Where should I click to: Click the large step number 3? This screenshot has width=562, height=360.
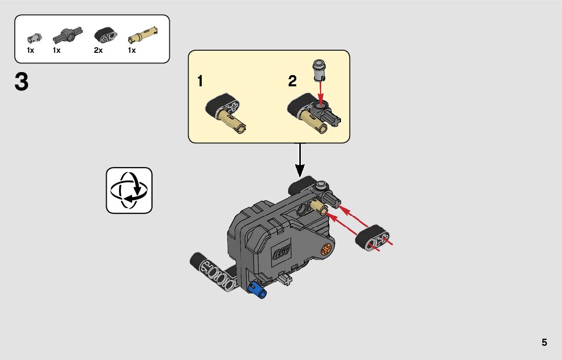point(21,82)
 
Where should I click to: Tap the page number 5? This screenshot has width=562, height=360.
point(544,342)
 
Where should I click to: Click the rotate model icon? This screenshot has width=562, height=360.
point(129,190)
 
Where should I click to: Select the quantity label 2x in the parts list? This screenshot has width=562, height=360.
point(98,50)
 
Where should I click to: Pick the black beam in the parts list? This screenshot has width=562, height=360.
point(105,36)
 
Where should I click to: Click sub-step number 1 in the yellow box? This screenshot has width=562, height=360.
point(201,81)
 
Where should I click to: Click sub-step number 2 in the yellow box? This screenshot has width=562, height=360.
point(292,81)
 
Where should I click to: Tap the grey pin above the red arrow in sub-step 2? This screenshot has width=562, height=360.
point(319,70)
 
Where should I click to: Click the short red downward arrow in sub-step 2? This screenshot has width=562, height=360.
point(320,91)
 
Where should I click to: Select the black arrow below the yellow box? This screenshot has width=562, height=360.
point(300,160)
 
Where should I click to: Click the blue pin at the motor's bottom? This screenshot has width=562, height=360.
point(257,290)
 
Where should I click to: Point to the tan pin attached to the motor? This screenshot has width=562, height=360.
point(320,206)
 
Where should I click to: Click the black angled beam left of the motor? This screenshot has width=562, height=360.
point(213,270)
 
